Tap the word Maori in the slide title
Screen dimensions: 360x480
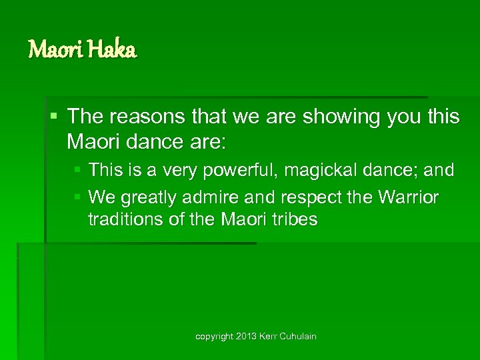point(53,49)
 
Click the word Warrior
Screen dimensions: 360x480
point(406,198)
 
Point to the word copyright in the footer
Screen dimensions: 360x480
point(213,337)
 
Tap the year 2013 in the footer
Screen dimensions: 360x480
point(247,337)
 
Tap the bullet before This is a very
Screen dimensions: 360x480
point(78,171)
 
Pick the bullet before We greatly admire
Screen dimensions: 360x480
point(78,198)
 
